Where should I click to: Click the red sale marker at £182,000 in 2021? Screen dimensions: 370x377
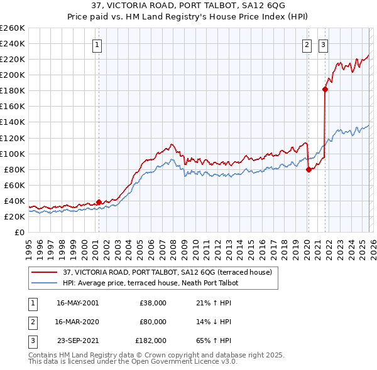click(x=325, y=89)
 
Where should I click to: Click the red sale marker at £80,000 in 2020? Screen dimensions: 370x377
click(x=309, y=169)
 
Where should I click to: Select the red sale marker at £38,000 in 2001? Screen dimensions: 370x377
click(x=99, y=202)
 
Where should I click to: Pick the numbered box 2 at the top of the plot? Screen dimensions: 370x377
click(x=307, y=45)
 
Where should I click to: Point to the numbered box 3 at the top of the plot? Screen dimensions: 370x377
click(x=323, y=45)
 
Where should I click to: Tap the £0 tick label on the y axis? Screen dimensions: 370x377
click(x=19, y=232)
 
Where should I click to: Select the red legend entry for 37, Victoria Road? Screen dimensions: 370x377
click(x=167, y=272)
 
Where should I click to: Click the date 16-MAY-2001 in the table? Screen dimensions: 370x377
click(x=77, y=303)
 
